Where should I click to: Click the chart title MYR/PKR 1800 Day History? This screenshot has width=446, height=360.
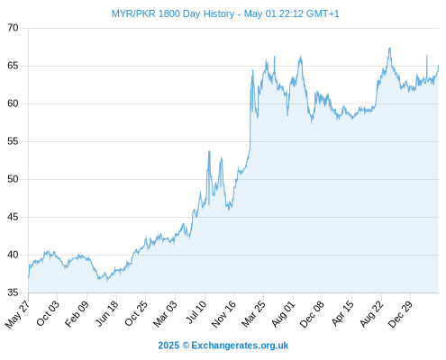173,13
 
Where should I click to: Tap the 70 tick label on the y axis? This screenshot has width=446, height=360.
13,28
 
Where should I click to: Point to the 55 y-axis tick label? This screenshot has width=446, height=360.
13,141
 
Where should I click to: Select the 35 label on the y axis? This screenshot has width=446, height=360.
13,292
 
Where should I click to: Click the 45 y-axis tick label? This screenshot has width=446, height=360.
13,217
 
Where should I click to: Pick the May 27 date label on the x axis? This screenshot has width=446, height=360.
17,314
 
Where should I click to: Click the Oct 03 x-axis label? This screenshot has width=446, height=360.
48,313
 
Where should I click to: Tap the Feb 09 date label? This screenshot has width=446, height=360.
77,313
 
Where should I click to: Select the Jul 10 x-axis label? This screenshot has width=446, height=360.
196,312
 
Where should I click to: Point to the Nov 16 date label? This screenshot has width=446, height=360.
223,314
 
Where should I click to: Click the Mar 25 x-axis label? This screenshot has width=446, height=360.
253,313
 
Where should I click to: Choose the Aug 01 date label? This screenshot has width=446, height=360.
283,313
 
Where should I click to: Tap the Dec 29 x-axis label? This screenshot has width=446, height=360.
400,314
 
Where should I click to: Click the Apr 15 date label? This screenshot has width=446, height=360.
341,313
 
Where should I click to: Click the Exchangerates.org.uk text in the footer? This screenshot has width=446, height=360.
240,346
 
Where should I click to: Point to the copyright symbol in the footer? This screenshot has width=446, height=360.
186,346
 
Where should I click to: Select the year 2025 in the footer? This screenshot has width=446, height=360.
168,346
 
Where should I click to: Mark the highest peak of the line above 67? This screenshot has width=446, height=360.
390,48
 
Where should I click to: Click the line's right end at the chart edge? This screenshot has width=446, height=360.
439,65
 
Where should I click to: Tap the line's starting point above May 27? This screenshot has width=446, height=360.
29,277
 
